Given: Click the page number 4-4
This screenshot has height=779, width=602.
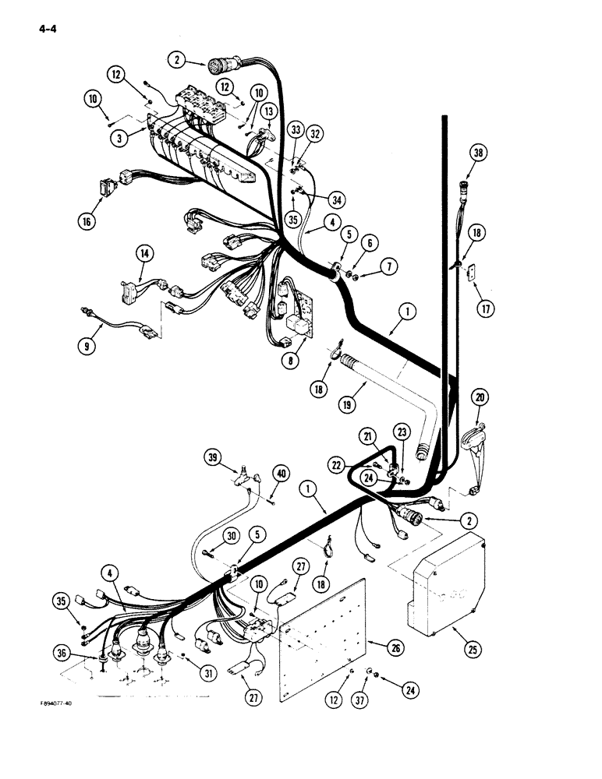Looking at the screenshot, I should point(37,30).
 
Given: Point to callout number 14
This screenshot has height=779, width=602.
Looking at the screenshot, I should point(144,252).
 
